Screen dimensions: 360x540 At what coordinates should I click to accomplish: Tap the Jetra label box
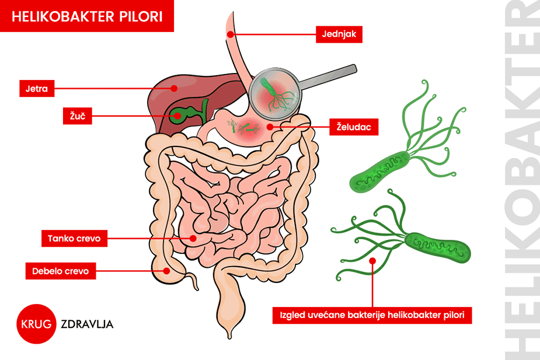pos(37,89)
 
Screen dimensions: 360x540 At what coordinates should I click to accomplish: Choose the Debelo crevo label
pos(61,270)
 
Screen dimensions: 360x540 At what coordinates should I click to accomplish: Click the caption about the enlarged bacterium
pos(372,316)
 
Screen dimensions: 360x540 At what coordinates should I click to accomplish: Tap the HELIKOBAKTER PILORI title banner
pos(87,16)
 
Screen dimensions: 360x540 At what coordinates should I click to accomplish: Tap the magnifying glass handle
pos(330,76)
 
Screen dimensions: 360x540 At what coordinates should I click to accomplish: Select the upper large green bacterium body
pos(379,172)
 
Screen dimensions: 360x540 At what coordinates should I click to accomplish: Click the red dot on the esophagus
pos(231,34)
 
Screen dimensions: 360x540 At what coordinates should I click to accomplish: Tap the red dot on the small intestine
pos(193,238)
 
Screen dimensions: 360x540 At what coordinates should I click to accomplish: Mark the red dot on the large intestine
pos(168,270)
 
